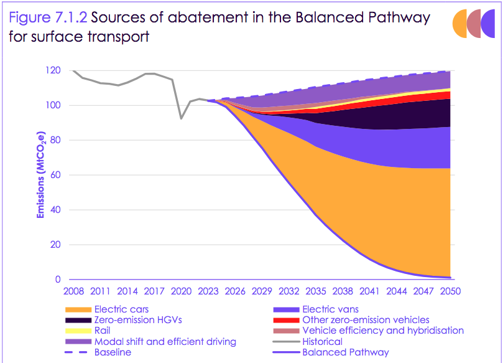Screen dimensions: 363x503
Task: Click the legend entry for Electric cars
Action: coord(121,309)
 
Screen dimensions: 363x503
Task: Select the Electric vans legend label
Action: coord(330,309)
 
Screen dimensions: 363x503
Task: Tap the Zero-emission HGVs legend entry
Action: coord(134,320)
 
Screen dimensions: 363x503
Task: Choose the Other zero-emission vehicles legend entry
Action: coord(366,320)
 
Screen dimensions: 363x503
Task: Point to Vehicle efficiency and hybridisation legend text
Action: coord(382,331)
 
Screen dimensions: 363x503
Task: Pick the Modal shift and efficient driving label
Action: coord(165,341)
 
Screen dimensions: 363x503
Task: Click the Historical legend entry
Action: coord(322,341)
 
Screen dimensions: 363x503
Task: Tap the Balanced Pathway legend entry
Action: coord(345,352)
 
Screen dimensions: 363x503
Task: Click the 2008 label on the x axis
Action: coord(73,291)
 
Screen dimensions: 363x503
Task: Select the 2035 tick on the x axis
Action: coord(315,291)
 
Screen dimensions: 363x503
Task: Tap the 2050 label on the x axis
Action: coord(450,291)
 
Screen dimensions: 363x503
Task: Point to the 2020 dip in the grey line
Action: coord(181,118)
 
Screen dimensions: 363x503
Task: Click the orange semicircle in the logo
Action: coord(461,24)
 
